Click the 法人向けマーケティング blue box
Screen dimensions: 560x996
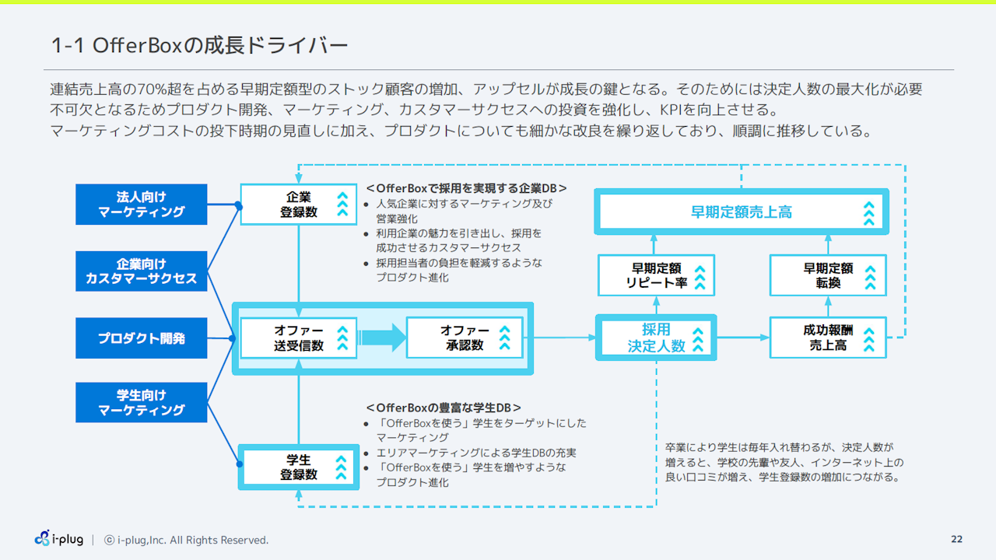coord(141,204)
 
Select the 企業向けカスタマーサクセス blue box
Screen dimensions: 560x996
coord(141,271)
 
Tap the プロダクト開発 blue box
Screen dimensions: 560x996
coord(141,338)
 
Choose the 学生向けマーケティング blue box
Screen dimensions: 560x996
coord(141,402)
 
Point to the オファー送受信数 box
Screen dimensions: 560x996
coord(298,338)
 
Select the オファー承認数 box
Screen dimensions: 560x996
coord(465,338)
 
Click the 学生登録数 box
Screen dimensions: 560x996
coord(298,467)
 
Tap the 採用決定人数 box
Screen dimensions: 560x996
coord(656,338)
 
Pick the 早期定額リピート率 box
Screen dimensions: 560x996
coord(656,275)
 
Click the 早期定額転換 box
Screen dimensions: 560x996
coord(828,275)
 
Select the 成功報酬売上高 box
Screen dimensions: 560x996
coord(828,338)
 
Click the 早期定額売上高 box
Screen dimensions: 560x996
coord(741,212)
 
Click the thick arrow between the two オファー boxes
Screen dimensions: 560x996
coord(383,338)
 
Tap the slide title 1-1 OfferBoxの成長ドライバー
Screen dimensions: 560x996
coord(199,46)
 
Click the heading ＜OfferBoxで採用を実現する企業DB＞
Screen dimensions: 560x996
coord(466,188)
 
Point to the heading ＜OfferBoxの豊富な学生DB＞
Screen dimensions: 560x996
coord(444,408)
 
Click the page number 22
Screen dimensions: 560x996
coord(956,540)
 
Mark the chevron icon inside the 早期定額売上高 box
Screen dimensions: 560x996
coord(868,212)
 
